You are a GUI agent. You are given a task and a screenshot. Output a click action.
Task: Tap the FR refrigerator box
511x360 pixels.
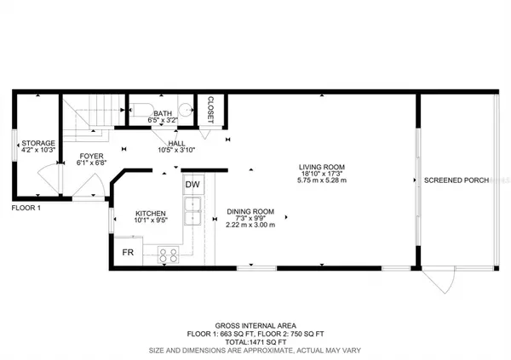pos(128,253)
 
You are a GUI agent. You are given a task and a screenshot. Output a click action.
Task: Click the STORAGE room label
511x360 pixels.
pos(38,143)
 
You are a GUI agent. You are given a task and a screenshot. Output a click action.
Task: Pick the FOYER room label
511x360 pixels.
pos(91,156)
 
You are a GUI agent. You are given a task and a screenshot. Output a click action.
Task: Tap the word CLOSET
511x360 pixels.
pos(210,109)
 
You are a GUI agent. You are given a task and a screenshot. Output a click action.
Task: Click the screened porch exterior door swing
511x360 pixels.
pos(439,284)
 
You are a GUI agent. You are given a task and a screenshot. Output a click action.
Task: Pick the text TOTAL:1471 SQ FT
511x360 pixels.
pos(255,341)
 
